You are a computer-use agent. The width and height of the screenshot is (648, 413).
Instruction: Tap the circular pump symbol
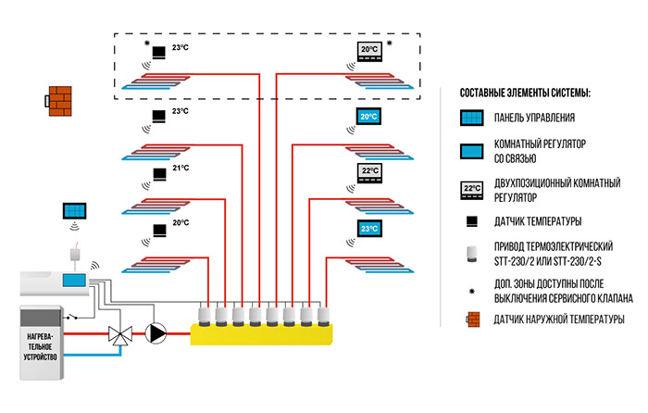[x=159, y=331]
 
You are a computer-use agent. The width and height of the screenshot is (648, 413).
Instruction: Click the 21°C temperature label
[x=181, y=169]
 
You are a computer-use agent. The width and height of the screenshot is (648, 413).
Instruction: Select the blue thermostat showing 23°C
[x=369, y=228]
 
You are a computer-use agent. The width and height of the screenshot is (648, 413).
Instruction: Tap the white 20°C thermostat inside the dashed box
[x=369, y=50]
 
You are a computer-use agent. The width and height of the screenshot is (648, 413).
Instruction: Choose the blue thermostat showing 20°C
[x=369, y=117]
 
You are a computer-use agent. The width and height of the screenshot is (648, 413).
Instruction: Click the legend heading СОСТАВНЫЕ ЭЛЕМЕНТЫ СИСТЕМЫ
[x=524, y=94]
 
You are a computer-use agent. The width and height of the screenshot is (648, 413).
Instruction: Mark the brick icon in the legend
[x=472, y=319]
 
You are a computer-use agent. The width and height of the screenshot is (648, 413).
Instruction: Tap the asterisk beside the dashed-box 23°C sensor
[x=145, y=44]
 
